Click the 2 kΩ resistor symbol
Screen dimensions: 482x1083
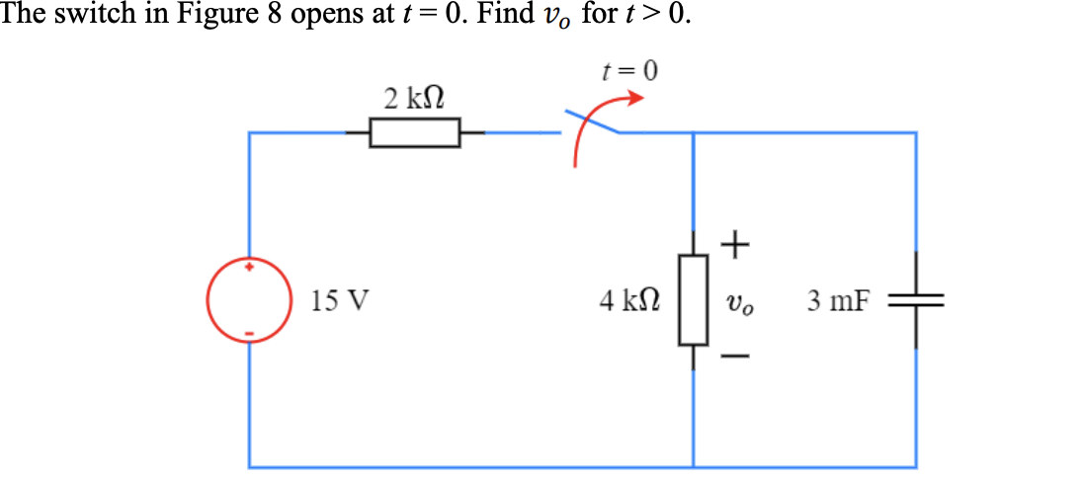coord(415,132)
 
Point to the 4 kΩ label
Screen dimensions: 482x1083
coord(630,299)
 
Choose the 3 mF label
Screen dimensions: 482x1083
coord(839,300)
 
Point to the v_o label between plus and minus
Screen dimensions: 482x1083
coord(738,301)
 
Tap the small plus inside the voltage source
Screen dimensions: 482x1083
coord(249,267)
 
